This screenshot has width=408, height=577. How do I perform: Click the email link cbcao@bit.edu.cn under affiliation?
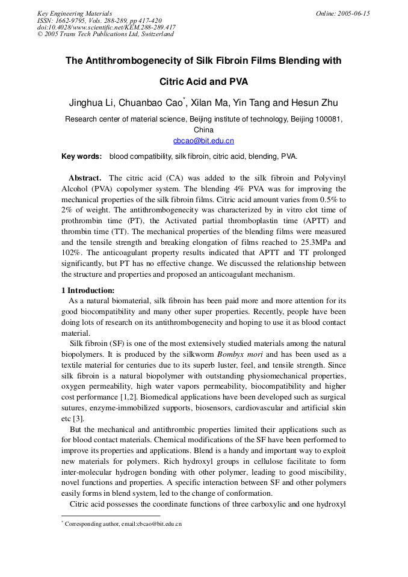[203, 141]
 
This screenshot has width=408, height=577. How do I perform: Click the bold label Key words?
[82, 156]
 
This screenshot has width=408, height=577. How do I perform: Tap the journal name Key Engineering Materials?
[75, 13]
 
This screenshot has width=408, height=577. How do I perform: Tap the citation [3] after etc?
[78, 419]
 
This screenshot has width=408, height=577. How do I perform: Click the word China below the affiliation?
[203, 130]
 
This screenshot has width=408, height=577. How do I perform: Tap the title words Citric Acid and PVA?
[203, 82]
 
